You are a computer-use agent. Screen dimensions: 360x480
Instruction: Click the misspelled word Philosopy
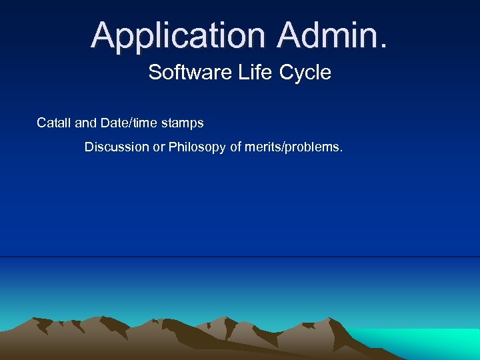(x=197, y=147)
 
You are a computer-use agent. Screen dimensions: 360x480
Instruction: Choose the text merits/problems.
(x=295, y=147)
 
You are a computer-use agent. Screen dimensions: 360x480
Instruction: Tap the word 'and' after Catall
(x=85, y=123)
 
